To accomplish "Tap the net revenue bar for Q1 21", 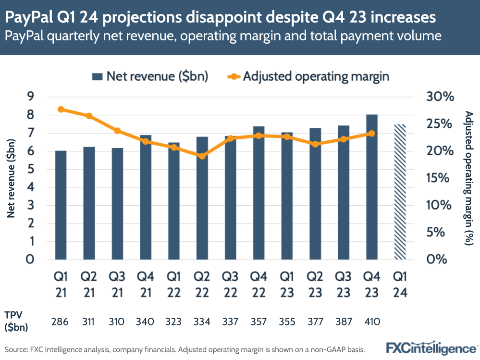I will (x=61, y=205).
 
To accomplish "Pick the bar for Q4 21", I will (x=146, y=198).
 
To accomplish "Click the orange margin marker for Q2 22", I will (x=202, y=156).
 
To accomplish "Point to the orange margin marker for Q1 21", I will (x=61, y=109).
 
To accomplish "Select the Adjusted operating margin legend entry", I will (x=308, y=76).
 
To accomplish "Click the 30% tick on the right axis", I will (x=440, y=97).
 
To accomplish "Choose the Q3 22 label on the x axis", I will (x=231, y=285).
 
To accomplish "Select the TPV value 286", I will (x=61, y=322).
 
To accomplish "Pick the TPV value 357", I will (x=259, y=322).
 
